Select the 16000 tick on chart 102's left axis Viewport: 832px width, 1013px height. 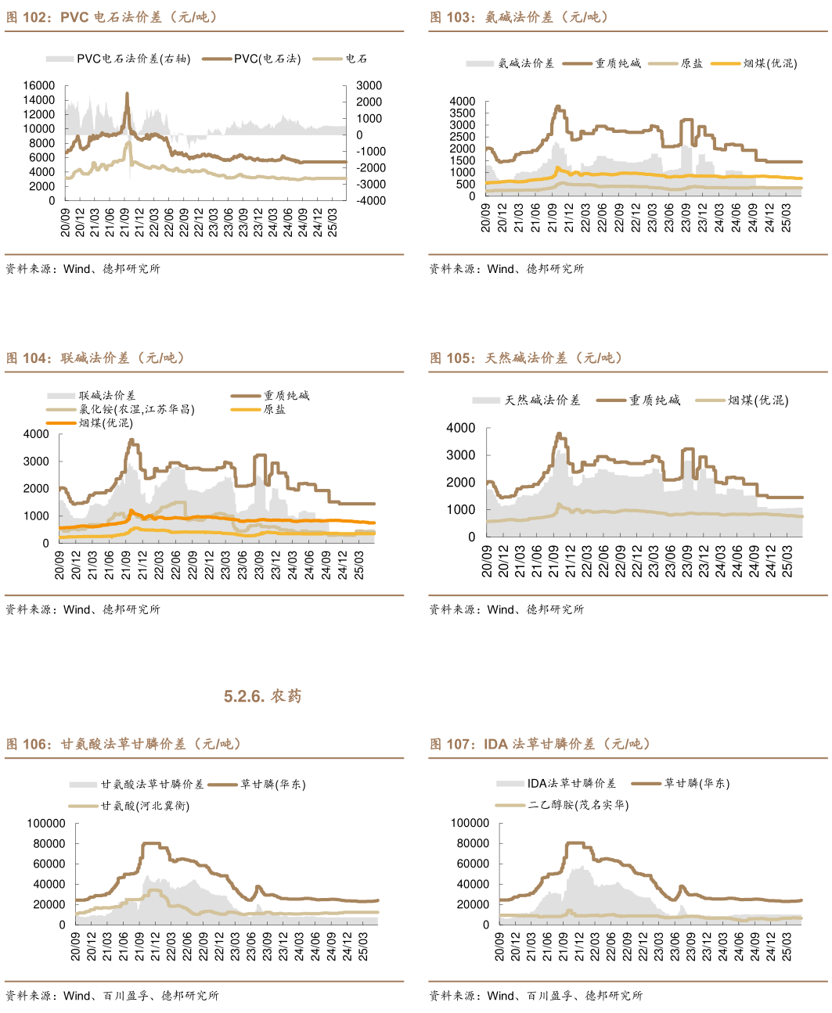click(x=39, y=86)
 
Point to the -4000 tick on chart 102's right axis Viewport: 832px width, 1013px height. click(x=369, y=200)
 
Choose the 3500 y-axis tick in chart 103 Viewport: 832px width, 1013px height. click(x=463, y=113)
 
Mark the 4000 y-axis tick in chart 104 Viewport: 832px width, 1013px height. click(x=36, y=434)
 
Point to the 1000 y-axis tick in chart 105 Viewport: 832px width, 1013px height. click(x=461, y=509)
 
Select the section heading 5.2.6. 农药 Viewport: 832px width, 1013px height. click(x=262, y=696)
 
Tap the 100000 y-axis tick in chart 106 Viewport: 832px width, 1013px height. click(x=46, y=823)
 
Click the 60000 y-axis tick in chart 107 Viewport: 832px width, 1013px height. click(x=474, y=864)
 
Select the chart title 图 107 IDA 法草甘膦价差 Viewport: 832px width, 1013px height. click(x=540, y=744)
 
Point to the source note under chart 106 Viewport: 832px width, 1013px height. click(x=113, y=996)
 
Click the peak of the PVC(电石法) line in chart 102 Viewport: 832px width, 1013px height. click(x=127, y=94)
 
